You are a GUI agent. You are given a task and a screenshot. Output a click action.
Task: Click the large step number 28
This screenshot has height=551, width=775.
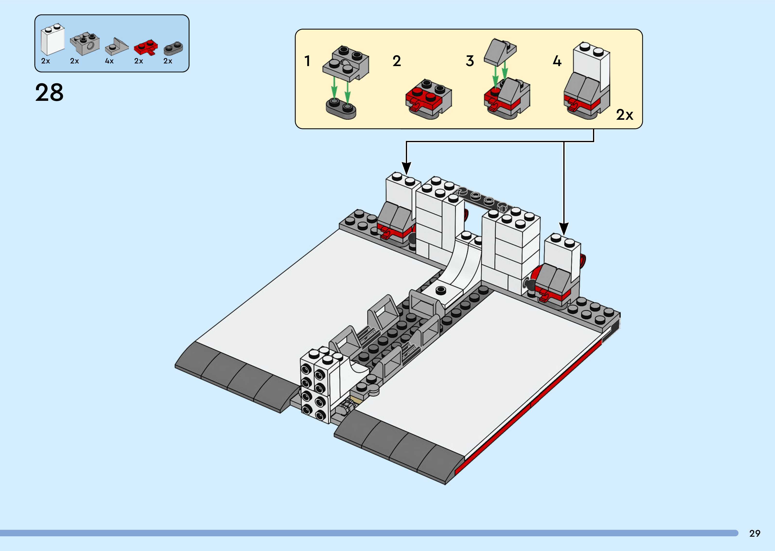pos(49,93)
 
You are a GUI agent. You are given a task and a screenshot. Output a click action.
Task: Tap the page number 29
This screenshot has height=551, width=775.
pos(755,533)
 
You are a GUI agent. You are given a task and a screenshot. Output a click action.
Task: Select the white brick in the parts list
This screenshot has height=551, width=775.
pos(52,41)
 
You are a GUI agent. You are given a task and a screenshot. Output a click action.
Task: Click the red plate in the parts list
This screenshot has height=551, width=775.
pos(146,48)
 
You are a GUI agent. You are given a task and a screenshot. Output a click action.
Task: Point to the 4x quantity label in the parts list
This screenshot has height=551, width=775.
pos(109,61)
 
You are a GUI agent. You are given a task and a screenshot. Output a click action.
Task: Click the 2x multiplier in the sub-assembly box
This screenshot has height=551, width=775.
pos(624,115)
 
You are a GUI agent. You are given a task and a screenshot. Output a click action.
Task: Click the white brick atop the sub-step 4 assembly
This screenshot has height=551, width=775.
pos(591,64)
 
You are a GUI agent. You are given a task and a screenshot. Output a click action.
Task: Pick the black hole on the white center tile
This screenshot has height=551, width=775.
pos(440,289)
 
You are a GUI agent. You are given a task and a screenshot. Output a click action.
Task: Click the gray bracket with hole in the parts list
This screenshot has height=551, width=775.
pos(85,44)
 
